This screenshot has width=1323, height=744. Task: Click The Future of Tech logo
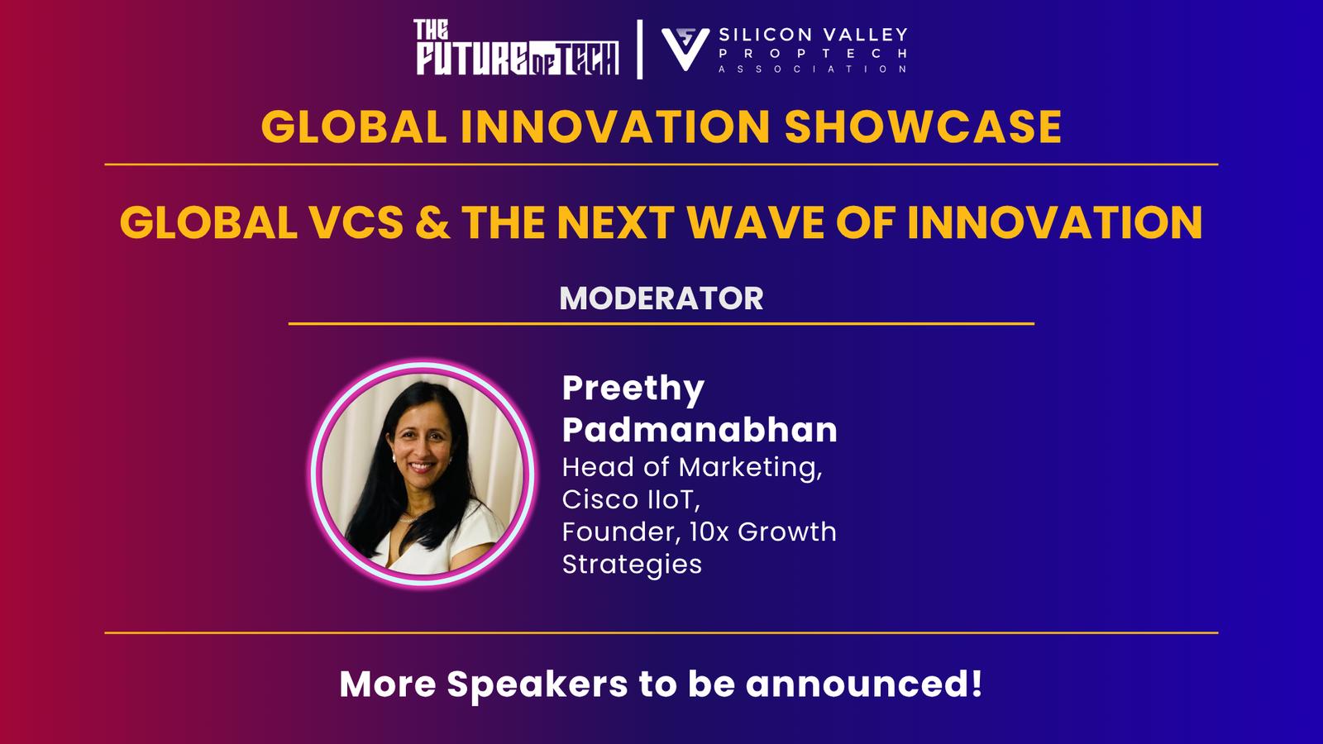pyautogui.click(x=516, y=48)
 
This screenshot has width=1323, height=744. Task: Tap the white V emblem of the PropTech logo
pyautogui.click(x=685, y=50)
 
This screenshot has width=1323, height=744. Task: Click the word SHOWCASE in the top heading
pyautogui.click(x=923, y=126)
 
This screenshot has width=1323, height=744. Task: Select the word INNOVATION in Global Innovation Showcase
pyautogui.click(x=615, y=126)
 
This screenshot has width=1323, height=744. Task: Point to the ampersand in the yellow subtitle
pyautogui.click(x=432, y=222)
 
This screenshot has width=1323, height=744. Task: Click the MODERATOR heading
pyautogui.click(x=661, y=298)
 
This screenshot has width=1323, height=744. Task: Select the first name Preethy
pyautogui.click(x=633, y=389)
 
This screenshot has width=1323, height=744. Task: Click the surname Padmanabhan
pyautogui.click(x=700, y=430)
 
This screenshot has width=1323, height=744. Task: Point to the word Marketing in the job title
pyautogui.click(x=750, y=468)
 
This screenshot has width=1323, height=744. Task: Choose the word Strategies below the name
pyautogui.click(x=632, y=565)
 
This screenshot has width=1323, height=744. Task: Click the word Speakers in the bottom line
pyautogui.click(x=537, y=684)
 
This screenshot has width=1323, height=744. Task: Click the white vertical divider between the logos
pyautogui.click(x=640, y=49)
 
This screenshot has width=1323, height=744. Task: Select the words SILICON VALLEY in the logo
pyautogui.click(x=813, y=35)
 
